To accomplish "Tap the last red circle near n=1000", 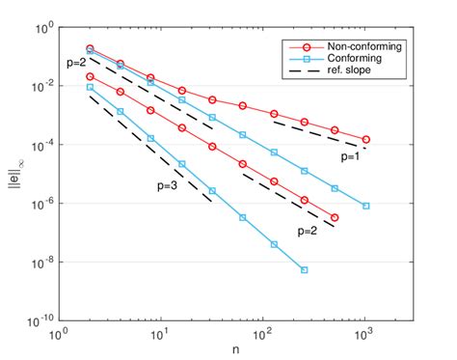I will click(x=365, y=140).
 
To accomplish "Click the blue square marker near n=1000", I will click(x=365, y=206).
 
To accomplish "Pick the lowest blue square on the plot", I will click(x=304, y=270).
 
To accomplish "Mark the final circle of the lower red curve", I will click(x=335, y=218).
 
